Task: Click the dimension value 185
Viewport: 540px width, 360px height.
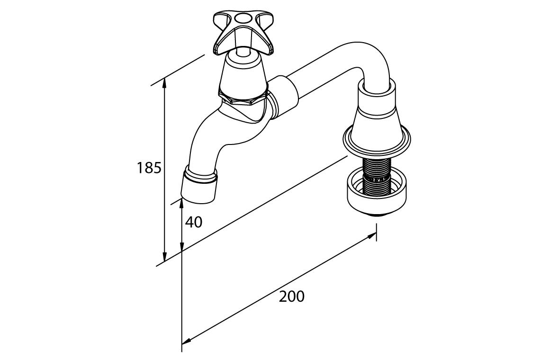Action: pos(149,168)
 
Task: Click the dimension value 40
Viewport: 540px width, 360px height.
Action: pos(193,222)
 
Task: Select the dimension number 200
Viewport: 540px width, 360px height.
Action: pos(291,297)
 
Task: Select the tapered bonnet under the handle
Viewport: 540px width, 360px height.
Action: pos(243,71)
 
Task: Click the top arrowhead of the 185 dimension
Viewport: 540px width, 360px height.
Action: pos(164,81)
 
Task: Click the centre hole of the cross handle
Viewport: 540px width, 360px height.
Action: pos(243,19)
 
